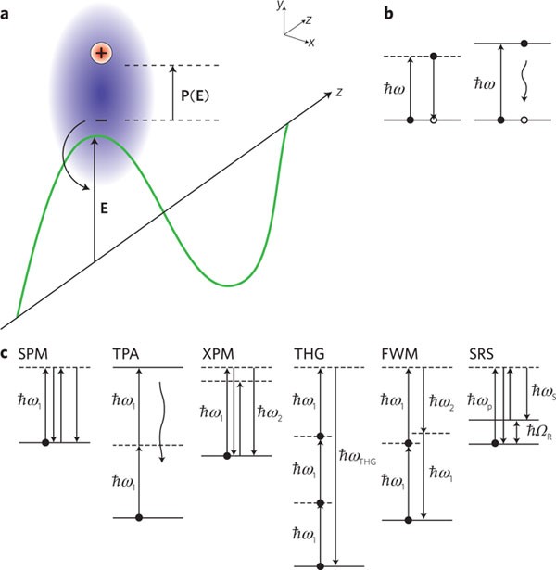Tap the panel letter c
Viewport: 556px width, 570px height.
point(7,353)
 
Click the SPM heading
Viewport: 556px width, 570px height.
point(34,354)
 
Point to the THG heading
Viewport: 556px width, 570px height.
point(310,354)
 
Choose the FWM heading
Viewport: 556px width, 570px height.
point(398,354)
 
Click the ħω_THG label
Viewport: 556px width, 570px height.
point(359,458)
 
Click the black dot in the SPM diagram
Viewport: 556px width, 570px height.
point(44,443)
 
